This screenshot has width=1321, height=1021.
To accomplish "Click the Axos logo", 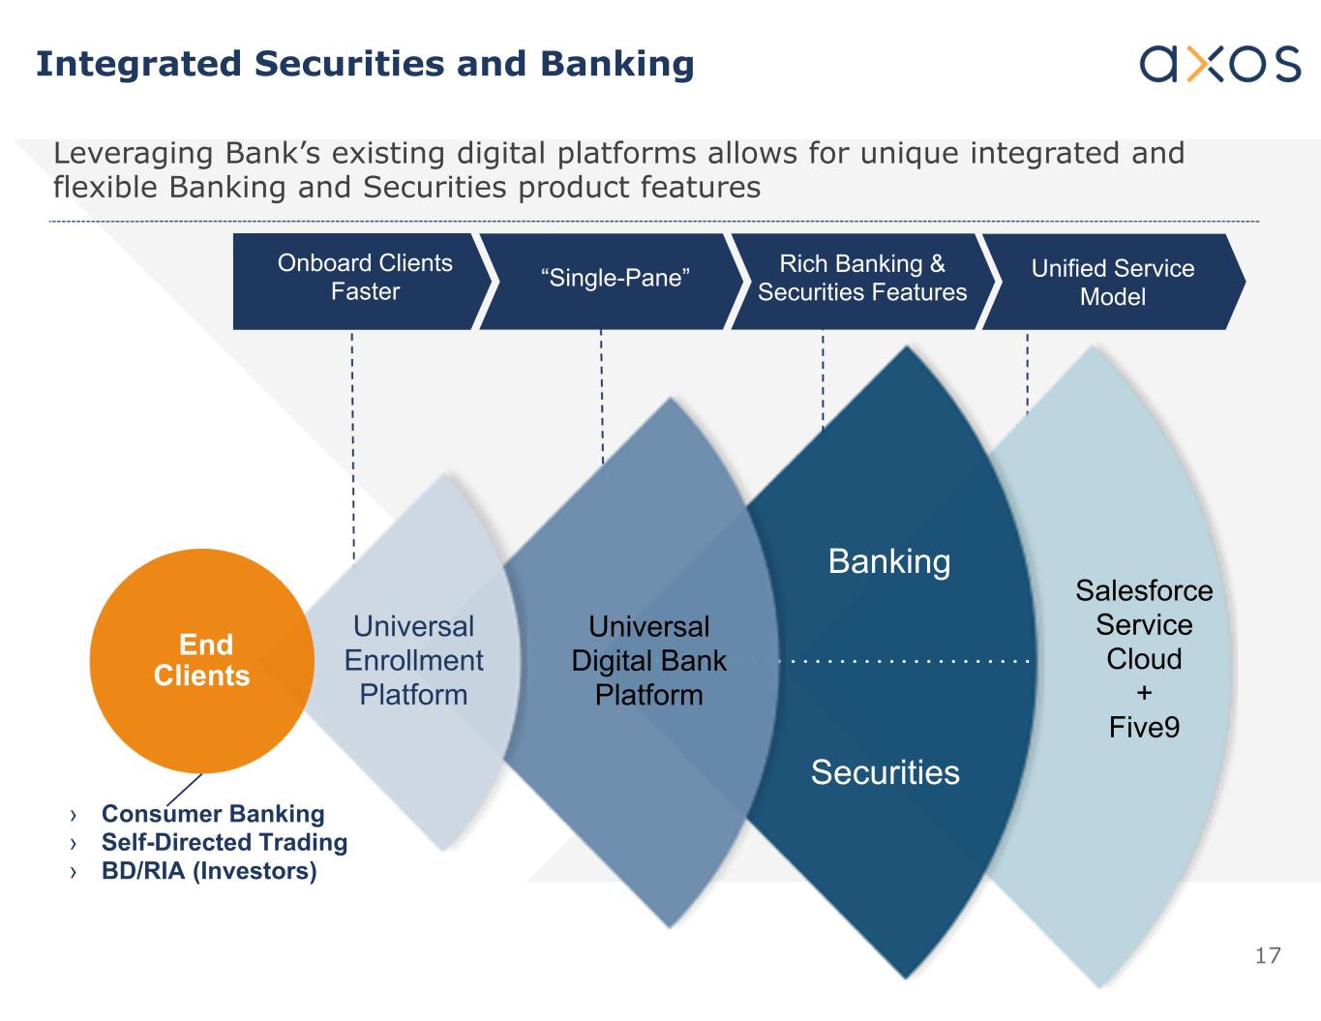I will tap(1219, 64).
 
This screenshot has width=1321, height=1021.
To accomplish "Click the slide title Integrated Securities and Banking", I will tap(365, 64).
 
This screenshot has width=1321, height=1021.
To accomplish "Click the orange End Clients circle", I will tap(201, 660).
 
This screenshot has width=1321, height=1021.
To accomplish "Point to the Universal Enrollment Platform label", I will tap(413, 660).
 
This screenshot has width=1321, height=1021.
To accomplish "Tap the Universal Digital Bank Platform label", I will tap(648, 660).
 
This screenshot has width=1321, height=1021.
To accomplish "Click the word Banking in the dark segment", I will tap(889, 561).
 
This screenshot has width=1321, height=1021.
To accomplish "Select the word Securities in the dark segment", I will tap(885, 772).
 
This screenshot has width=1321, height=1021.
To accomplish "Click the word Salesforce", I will tap(1144, 590).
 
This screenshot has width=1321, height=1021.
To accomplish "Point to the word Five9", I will tap(1144, 727).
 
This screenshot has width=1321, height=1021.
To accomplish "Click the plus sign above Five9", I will tap(1144, 693).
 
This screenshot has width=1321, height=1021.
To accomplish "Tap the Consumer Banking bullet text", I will tap(213, 814).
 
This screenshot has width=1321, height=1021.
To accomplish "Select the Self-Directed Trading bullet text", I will tap(224, 842).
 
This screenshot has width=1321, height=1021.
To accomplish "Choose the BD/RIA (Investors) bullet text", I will tap(209, 871).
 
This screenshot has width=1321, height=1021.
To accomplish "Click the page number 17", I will tap(1267, 956).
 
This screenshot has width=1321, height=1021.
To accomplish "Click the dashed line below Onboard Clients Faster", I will tap(352, 445).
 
